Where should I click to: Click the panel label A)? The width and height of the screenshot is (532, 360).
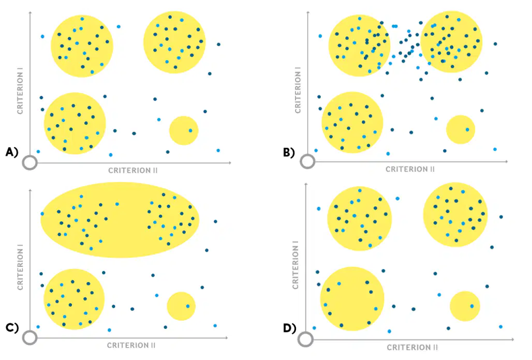click(11, 152)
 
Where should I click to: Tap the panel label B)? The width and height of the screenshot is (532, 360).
click(289, 153)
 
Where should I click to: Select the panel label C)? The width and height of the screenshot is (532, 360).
click(11, 327)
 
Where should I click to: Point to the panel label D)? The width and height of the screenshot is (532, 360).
click(289, 328)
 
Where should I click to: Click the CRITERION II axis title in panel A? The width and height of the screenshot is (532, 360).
click(133, 171)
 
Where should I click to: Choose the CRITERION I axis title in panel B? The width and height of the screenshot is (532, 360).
click(298, 90)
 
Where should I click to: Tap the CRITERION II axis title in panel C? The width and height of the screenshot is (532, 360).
click(131, 346)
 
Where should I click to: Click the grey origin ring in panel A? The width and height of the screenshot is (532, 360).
click(30, 163)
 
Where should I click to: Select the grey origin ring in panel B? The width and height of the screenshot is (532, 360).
click(307, 161)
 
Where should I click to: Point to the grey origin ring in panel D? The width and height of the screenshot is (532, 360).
click(306, 339)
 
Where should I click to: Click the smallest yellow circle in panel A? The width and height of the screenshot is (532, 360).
click(184, 130)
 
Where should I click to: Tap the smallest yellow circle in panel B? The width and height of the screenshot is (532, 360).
click(461, 129)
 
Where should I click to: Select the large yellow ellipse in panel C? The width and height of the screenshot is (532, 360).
click(120, 220)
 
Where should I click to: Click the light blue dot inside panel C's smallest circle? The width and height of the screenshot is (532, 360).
click(188, 306)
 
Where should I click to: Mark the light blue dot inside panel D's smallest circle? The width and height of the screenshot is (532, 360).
click(472, 306)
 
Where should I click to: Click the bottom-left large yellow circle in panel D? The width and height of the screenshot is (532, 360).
click(352, 299)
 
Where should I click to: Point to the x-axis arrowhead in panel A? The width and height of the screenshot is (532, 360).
click(230, 163)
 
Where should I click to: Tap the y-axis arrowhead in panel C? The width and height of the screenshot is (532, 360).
click(30, 190)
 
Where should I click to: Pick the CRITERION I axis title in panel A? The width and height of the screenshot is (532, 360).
click(20, 91)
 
